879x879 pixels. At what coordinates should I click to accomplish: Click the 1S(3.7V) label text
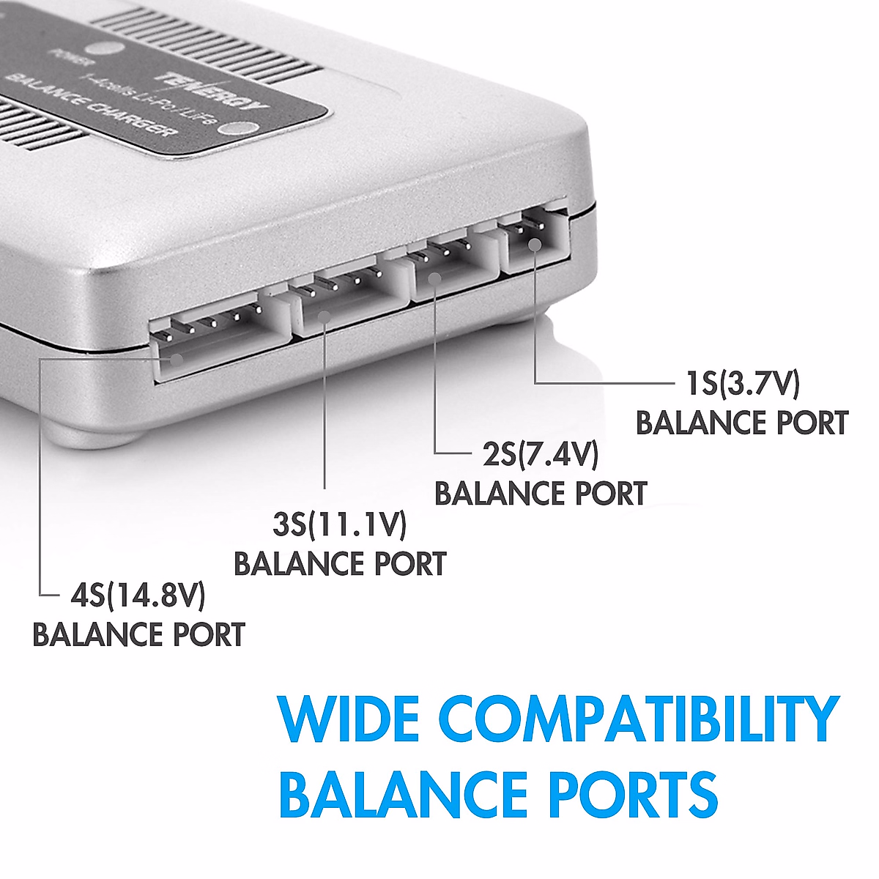click(741, 383)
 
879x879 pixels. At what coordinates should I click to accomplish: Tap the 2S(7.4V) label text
click(540, 454)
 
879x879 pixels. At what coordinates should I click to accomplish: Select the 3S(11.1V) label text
click(339, 524)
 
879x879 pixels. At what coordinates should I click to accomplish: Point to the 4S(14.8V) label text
click(138, 595)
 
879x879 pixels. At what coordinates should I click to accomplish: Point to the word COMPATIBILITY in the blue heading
click(642, 719)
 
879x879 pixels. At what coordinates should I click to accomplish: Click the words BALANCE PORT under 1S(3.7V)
click(741, 423)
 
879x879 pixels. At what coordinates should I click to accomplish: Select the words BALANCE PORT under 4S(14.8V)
click(138, 634)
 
